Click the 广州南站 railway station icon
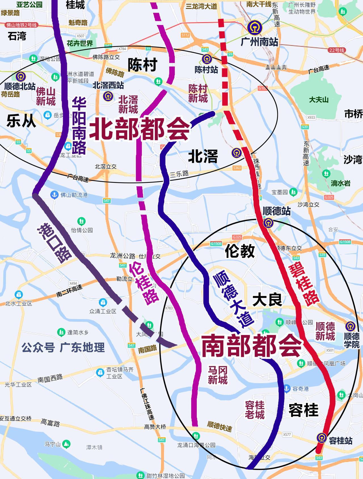click(254, 28)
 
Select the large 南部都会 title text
click(251, 346)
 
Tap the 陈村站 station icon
click(207, 59)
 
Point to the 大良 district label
click(267, 300)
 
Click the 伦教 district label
click(240, 251)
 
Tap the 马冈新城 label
click(218, 375)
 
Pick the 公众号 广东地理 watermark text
click(63, 347)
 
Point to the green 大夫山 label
click(318, 100)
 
